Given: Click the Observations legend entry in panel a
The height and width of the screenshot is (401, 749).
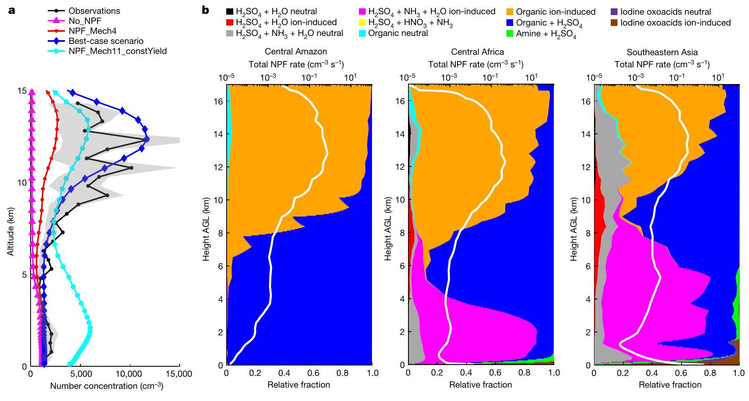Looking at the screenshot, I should tap(94, 11).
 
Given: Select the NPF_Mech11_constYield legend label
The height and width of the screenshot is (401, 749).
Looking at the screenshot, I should tap(118, 51).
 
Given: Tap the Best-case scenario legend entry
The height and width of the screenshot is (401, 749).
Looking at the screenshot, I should tap(106, 41).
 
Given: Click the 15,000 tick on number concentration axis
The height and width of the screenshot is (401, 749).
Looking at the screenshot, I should tap(179, 374).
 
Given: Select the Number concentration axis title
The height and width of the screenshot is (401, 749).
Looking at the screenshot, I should tap(106, 386).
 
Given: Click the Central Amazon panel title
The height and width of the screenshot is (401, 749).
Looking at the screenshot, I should tap(296, 52).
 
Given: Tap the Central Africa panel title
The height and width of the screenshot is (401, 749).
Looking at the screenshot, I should tap(478, 52).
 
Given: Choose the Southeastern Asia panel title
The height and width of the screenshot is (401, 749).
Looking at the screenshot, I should tap(662, 52).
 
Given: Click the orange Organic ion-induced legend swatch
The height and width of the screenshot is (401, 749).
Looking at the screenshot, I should tap(510, 12).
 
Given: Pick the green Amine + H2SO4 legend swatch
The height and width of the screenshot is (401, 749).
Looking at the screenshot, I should tap(510, 33).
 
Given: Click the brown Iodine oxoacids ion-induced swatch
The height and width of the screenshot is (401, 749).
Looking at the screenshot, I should tap(615, 23).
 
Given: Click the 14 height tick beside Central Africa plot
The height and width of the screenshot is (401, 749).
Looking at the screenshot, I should tap(400, 134).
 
